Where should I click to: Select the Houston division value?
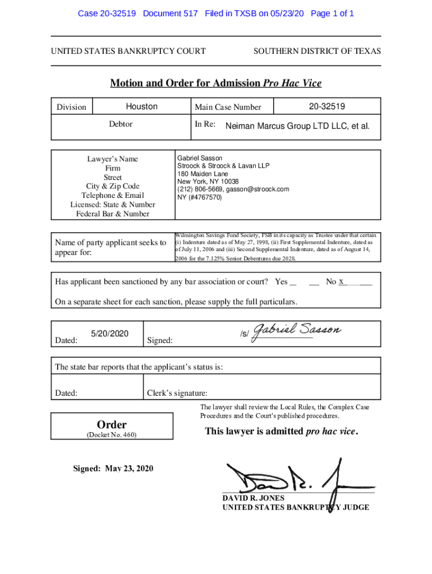coord(141,107)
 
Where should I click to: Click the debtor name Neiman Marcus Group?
coord(297,126)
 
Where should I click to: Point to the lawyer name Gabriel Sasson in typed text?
coord(200,159)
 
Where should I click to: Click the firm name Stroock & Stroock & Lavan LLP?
coord(223,166)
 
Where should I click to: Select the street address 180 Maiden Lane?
coord(204,174)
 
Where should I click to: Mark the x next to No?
coord(341,281)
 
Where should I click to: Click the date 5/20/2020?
coord(109,334)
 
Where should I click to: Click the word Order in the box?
coord(113,424)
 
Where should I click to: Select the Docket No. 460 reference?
coord(113,436)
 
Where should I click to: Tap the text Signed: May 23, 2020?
coord(113,469)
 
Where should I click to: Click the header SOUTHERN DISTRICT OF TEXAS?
coord(317,52)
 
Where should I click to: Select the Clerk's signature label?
coord(177,393)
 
